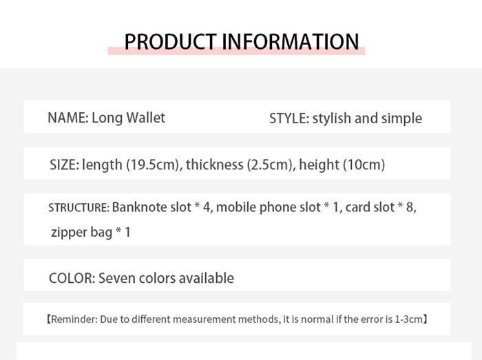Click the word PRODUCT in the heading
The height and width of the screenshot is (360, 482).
[170, 41]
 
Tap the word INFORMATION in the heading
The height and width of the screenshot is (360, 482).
[290, 41]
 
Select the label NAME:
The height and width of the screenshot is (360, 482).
[68, 118]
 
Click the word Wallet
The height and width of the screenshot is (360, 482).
[146, 118]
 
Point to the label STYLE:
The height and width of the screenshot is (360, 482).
[289, 118]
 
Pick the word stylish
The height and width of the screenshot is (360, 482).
[332, 119]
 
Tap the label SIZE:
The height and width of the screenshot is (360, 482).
[65, 165]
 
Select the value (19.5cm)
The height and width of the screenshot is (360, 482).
[153, 165]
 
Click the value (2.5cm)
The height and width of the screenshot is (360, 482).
[270, 165]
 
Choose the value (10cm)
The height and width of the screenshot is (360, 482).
[364, 165]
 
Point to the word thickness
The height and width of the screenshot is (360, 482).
[215, 165]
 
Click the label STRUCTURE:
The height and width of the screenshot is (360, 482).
[79, 208]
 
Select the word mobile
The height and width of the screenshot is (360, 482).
[235, 207]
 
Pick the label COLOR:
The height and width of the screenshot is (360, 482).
[72, 278]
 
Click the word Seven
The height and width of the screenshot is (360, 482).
[117, 278]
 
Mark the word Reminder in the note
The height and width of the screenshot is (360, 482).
[74, 319]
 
